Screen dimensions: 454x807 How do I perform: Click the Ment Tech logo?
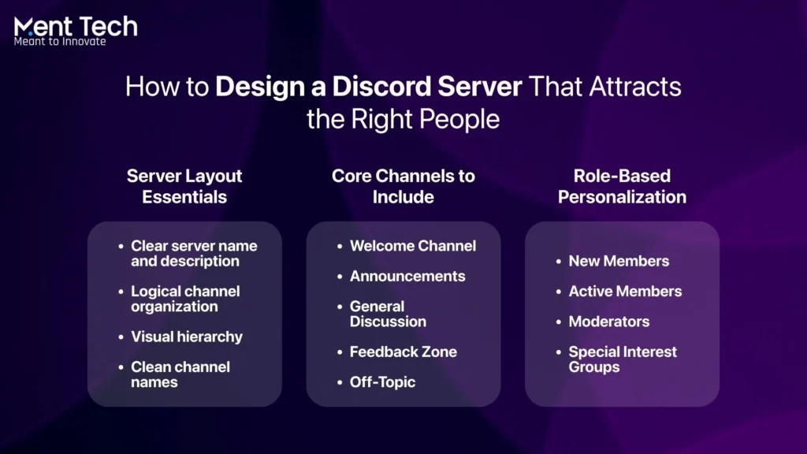76,27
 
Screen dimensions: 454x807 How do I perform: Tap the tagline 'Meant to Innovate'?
60,42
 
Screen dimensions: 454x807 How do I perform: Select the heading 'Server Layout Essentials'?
184,186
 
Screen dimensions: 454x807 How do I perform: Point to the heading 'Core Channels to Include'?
403,186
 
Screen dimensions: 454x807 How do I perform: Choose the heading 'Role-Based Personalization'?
622,186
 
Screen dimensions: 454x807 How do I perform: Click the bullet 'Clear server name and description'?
193,253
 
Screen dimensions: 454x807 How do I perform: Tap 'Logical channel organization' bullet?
185,299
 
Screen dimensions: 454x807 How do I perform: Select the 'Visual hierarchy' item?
187,337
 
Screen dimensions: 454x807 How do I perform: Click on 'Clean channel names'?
180,374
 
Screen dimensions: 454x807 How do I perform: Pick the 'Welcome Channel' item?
412,246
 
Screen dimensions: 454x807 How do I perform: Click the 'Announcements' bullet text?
407,276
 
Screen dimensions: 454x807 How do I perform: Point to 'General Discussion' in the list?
388,314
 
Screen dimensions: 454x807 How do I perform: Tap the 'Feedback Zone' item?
403,352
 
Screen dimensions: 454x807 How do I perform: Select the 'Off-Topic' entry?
382,382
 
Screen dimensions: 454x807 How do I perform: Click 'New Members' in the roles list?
619,261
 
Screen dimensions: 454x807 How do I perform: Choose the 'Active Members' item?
625,291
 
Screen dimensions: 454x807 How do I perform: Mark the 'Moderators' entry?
609,322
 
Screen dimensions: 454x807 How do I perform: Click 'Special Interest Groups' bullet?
623,359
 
